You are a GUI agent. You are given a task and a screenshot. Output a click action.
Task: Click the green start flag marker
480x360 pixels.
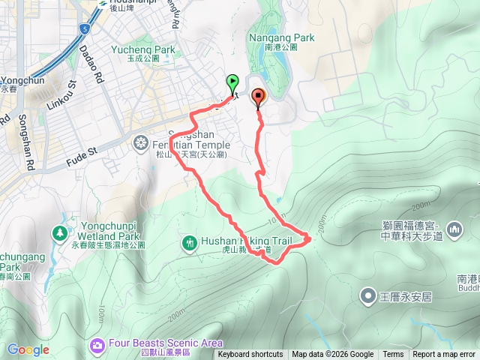[x=232, y=82]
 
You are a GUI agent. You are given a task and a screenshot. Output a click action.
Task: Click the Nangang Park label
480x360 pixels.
[x=282, y=37]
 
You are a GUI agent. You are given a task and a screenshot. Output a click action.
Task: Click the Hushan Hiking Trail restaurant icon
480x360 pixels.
[x=188, y=241]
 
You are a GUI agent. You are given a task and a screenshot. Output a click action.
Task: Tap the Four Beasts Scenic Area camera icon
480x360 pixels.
[x=97, y=345]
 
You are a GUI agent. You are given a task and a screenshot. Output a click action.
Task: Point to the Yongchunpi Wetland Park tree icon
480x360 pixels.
[x=59, y=233]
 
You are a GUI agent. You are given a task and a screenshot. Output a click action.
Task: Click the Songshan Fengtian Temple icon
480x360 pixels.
[x=141, y=142]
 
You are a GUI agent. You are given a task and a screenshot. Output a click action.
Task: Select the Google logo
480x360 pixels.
[x=28, y=349]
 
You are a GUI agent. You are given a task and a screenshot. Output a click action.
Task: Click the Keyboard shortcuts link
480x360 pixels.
[x=250, y=355]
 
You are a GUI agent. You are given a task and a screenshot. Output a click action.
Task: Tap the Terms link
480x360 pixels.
[x=393, y=355]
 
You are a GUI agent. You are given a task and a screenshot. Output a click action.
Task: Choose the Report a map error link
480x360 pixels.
[x=444, y=355]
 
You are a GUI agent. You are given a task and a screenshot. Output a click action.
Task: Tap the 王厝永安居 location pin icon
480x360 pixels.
[x=368, y=295]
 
